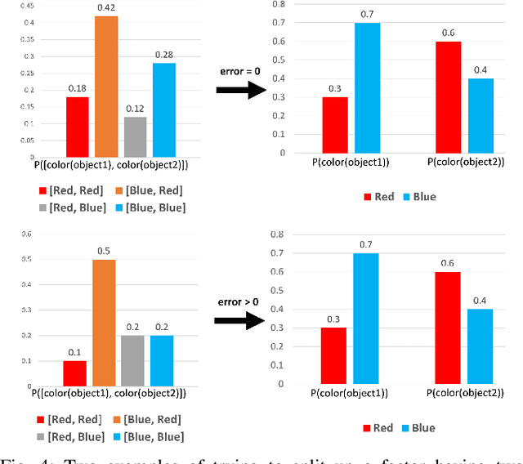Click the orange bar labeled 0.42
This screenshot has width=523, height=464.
106,87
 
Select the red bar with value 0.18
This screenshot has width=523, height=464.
77,127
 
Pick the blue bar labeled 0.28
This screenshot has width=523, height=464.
163,110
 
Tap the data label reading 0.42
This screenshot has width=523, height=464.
106,9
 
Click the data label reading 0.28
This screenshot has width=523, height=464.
163,55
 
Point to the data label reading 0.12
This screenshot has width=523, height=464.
135,109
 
